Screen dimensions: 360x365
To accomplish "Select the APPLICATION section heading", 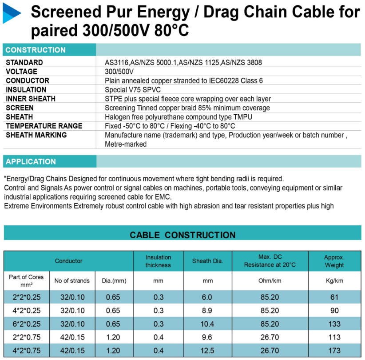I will point(31,161).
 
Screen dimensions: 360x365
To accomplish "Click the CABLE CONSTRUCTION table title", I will point(182,235).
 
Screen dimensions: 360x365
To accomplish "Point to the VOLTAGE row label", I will point(21,72).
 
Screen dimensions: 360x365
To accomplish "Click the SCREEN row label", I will point(20,108).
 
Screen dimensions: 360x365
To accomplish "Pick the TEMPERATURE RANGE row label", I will point(44,126).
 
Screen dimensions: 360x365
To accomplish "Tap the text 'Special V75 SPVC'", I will point(131,90).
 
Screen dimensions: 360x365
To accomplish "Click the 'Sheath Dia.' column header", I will point(207,261).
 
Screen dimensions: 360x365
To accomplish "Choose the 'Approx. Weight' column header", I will point(334,261).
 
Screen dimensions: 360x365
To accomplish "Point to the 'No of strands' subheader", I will point(72,280).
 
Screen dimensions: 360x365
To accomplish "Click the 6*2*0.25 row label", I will point(26,324).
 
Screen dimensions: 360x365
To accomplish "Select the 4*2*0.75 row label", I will point(26,351).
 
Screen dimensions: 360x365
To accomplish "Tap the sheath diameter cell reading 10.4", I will point(207,324).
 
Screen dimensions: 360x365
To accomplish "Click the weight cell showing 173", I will point(334,351).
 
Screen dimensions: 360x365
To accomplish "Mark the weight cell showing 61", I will point(334,297).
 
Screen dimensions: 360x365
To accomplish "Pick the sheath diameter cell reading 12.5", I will point(207,351).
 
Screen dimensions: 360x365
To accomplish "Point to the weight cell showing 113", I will point(334,337).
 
